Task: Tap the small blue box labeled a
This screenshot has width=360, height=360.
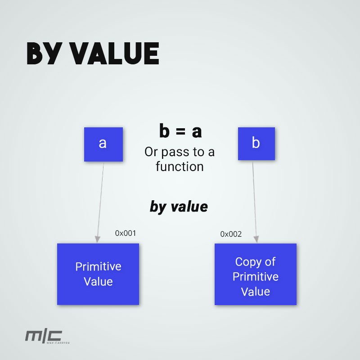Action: click(x=103, y=144)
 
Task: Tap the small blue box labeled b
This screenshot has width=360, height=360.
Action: click(x=256, y=144)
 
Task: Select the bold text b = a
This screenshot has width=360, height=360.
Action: click(x=180, y=131)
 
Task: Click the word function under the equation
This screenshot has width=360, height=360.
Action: click(x=180, y=166)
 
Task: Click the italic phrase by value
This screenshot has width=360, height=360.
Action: click(x=179, y=207)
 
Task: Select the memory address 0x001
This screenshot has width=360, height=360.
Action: click(x=125, y=233)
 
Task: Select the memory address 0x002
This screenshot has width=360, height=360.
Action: click(x=231, y=234)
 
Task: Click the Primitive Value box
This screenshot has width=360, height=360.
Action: click(x=98, y=274)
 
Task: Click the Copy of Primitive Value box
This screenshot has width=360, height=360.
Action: click(x=255, y=274)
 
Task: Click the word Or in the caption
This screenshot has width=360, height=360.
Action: click(x=151, y=152)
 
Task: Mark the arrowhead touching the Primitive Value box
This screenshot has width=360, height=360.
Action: click(x=97, y=239)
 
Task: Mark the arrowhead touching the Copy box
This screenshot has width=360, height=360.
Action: click(x=257, y=239)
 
